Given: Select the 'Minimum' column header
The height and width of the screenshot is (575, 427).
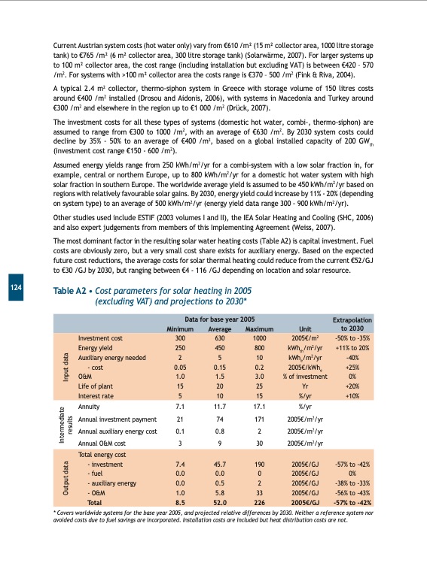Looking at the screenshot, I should coord(180,328).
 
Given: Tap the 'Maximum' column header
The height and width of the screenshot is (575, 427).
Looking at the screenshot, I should coord(258,328).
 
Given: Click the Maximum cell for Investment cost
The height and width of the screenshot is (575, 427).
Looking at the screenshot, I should coord(258,339).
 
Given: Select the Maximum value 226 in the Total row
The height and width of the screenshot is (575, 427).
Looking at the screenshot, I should coord(258,501).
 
